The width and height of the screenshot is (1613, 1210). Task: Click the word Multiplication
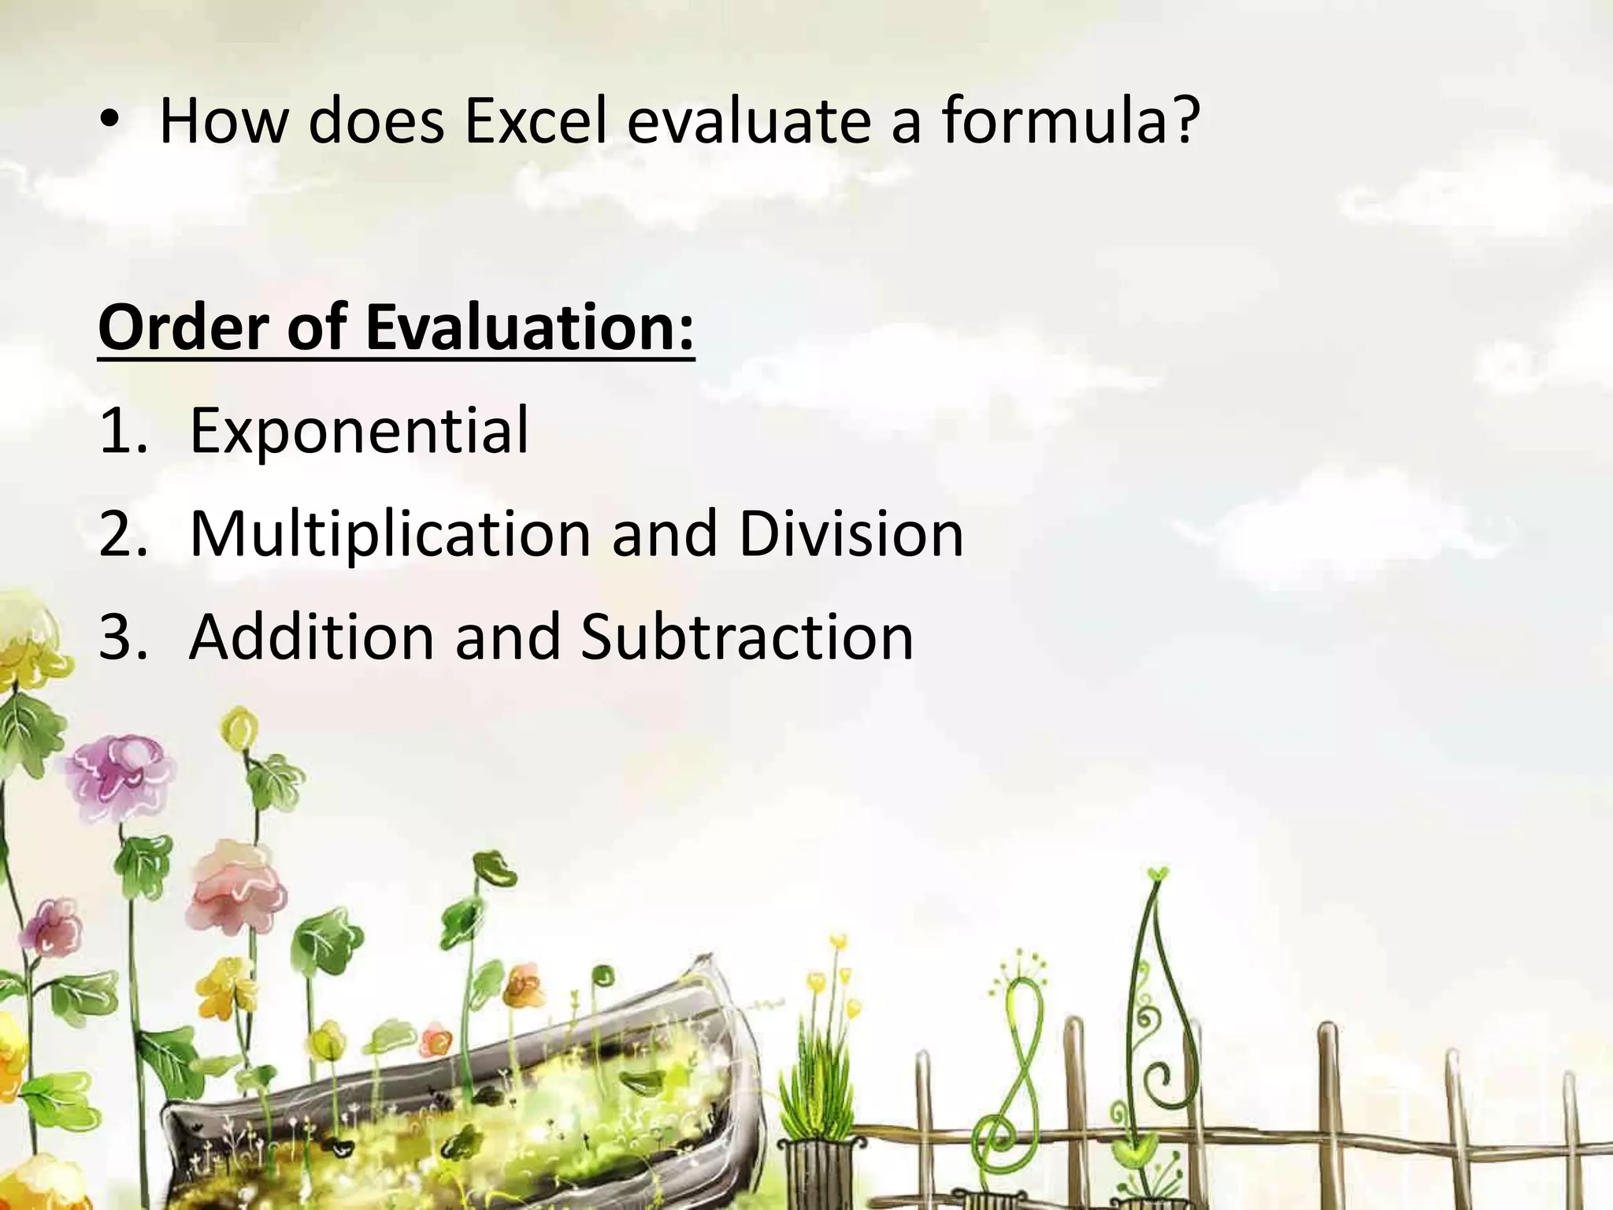click(x=390, y=534)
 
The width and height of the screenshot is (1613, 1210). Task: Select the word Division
click(x=851, y=534)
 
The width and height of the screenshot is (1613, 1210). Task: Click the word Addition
click(x=312, y=637)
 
